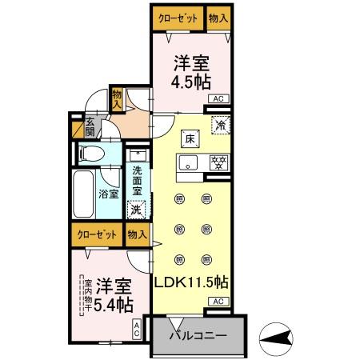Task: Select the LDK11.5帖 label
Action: (x=191, y=282)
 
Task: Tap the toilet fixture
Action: (x=90, y=153)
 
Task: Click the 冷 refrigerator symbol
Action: (x=218, y=125)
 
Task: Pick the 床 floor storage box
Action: (x=190, y=138)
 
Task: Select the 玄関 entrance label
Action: (x=90, y=127)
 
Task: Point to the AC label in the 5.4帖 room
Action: (x=137, y=327)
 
